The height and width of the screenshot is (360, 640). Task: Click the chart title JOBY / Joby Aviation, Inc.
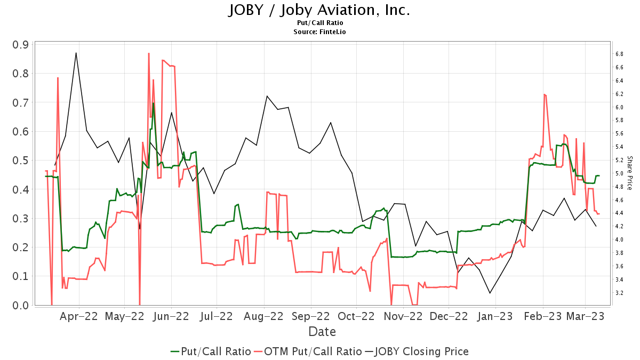click(x=319, y=10)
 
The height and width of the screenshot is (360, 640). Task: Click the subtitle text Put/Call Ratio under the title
click(x=320, y=23)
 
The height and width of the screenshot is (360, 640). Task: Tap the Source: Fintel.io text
click(x=320, y=32)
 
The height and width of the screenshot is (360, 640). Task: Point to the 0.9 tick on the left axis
click(x=20, y=44)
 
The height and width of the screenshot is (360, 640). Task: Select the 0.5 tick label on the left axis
click(x=20, y=161)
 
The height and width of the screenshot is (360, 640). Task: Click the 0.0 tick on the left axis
click(x=20, y=305)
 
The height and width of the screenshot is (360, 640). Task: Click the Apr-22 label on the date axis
click(x=79, y=316)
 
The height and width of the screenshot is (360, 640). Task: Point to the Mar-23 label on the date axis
click(x=585, y=316)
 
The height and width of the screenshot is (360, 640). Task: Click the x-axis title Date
click(x=322, y=332)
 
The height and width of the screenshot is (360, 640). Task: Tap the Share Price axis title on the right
click(x=629, y=173)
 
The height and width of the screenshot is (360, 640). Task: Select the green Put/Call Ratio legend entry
click(x=211, y=351)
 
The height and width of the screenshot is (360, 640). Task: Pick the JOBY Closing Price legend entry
click(x=417, y=351)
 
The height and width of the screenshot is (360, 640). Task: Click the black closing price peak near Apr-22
click(x=76, y=53)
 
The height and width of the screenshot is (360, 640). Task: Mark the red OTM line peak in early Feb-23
click(x=544, y=94)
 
